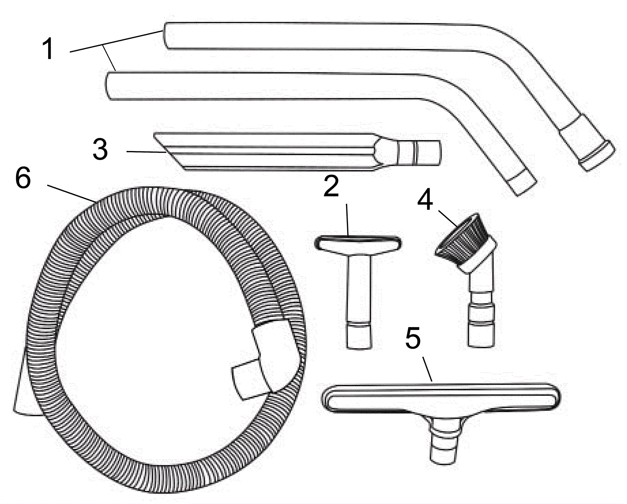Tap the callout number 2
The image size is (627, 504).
(x=331, y=186)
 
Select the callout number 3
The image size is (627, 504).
(x=100, y=149)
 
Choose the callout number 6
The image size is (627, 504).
(x=23, y=178)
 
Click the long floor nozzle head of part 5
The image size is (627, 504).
(x=440, y=398)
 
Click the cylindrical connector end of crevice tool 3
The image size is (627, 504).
(x=420, y=153)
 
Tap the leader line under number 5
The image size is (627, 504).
(x=428, y=369)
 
